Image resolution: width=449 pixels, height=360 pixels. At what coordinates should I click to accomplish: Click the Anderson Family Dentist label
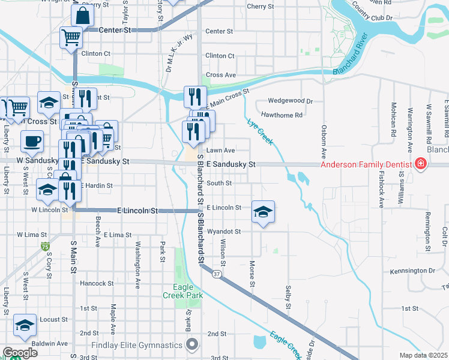point(364,164)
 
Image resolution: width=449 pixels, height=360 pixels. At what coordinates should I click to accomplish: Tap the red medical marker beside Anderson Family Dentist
point(421,164)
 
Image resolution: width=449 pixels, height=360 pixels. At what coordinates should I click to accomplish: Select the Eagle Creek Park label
point(184,291)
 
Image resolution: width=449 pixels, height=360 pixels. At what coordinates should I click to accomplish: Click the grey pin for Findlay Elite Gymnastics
point(192,344)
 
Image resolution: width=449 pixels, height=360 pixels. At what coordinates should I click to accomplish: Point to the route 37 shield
point(217,274)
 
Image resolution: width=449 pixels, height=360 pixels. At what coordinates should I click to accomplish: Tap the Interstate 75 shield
point(46,247)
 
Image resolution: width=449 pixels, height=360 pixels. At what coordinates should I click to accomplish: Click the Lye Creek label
point(260,131)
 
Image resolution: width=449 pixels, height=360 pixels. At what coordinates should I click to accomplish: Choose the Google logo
point(19,353)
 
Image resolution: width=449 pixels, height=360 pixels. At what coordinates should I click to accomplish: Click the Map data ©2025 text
point(424,355)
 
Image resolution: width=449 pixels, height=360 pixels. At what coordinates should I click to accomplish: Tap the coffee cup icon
point(32,141)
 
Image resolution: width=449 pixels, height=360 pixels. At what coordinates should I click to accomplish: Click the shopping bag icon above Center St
point(84,14)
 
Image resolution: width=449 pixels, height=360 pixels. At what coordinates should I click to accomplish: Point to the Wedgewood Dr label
point(291,101)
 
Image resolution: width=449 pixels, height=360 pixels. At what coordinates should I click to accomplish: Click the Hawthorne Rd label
point(282,115)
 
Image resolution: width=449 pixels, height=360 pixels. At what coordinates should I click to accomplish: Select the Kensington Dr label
point(412,271)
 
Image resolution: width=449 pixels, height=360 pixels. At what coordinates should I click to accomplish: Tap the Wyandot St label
point(223,231)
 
